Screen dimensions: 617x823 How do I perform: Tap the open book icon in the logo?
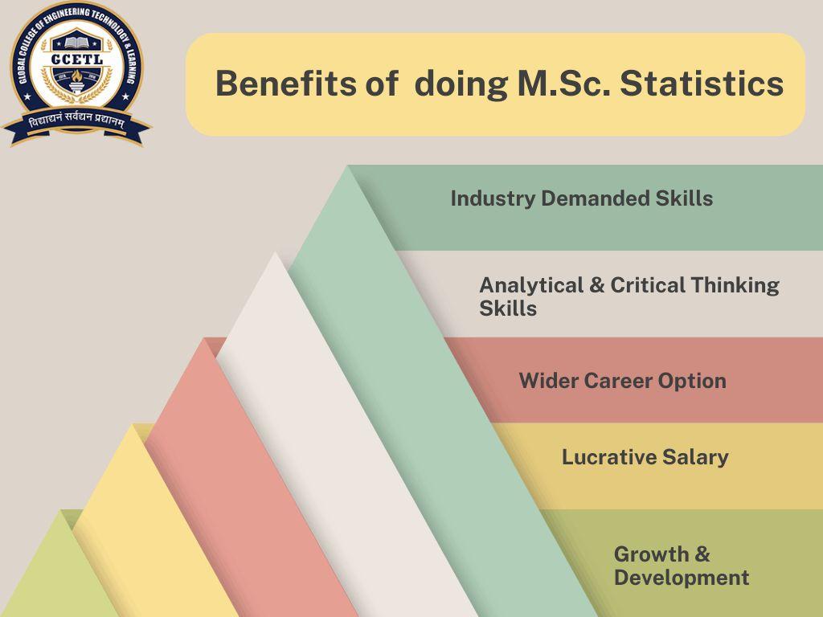76,39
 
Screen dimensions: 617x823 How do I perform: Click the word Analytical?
530,285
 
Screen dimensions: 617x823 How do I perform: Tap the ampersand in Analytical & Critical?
597,285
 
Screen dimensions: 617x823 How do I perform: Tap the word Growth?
651,554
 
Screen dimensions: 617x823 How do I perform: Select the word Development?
681,578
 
